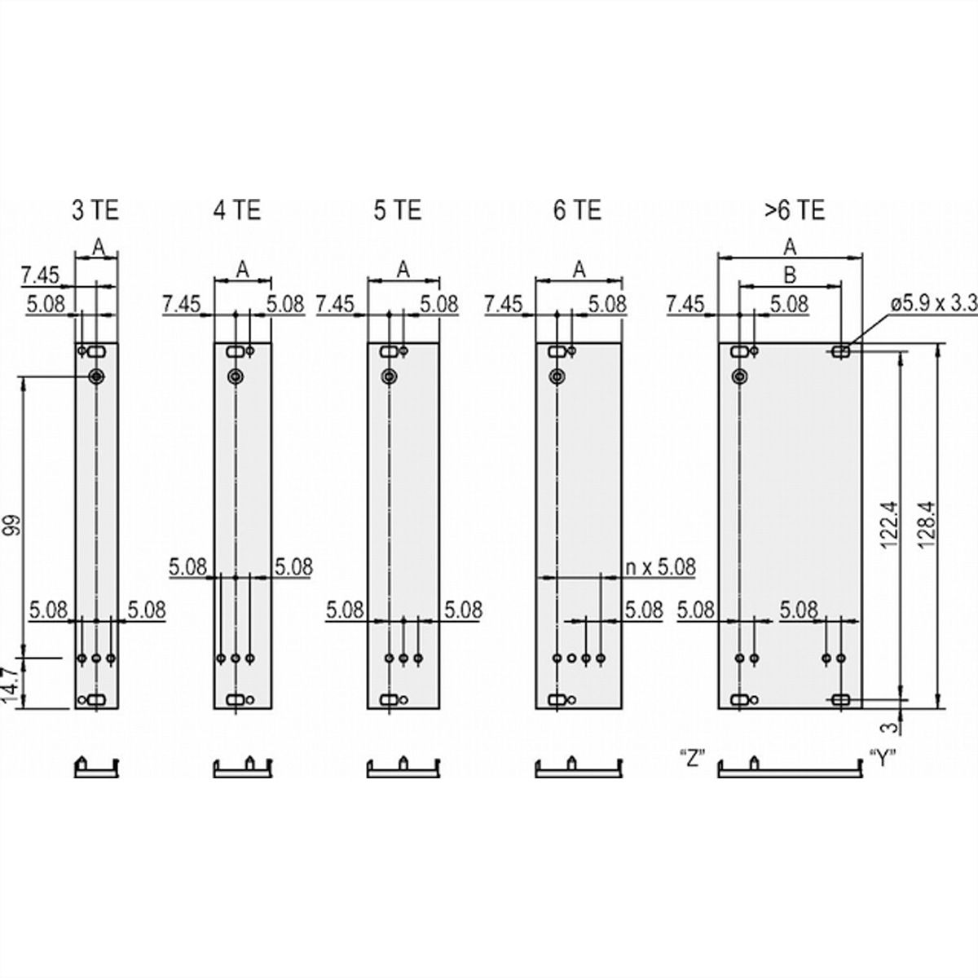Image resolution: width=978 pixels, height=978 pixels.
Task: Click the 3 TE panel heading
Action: [95, 210]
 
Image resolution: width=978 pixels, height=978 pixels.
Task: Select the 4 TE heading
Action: [237, 210]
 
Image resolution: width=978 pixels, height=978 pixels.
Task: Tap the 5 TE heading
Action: [398, 210]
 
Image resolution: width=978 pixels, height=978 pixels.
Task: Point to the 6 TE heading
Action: [578, 210]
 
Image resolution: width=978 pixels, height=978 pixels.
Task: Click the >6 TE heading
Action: [795, 210]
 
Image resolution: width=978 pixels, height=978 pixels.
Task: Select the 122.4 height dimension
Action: [888, 526]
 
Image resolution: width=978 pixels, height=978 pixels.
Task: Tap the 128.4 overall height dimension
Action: [927, 526]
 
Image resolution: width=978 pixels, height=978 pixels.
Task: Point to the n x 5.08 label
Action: [660, 567]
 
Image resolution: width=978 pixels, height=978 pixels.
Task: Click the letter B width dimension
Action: [791, 275]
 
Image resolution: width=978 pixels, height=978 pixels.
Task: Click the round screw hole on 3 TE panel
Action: [96, 377]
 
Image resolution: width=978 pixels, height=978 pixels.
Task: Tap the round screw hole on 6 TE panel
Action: [557, 377]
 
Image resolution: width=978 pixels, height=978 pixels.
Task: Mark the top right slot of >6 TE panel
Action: [841, 350]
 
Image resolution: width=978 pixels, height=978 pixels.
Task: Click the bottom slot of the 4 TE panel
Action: [236, 700]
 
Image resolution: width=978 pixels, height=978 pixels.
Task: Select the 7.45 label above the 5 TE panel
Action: [335, 304]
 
